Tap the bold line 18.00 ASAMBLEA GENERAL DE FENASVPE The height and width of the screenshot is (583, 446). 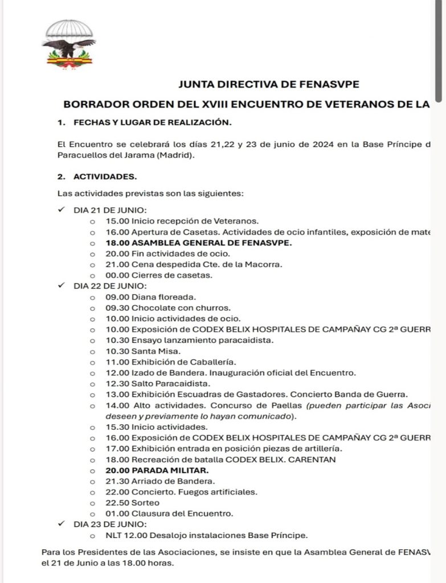pyautogui.click(x=198, y=243)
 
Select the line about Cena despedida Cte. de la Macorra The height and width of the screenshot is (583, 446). pyautogui.click(x=185, y=265)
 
